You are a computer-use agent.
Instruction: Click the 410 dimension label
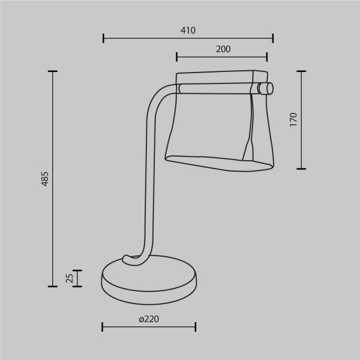tap(188, 31)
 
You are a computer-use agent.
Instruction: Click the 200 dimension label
tap(223, 50)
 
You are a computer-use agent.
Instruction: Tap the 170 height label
tap(293, 119)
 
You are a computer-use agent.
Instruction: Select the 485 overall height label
tap(45, 179)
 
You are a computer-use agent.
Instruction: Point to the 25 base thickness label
tap(69, 278)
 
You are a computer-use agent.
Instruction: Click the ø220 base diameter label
tap(148, 320)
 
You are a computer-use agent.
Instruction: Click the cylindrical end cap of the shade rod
tap(265, 89)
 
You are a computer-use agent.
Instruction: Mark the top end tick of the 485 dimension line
tap(53, 71)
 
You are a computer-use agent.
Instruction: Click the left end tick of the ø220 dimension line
tap(103, 327)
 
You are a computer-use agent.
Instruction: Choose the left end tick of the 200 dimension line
tap(177, 57)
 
